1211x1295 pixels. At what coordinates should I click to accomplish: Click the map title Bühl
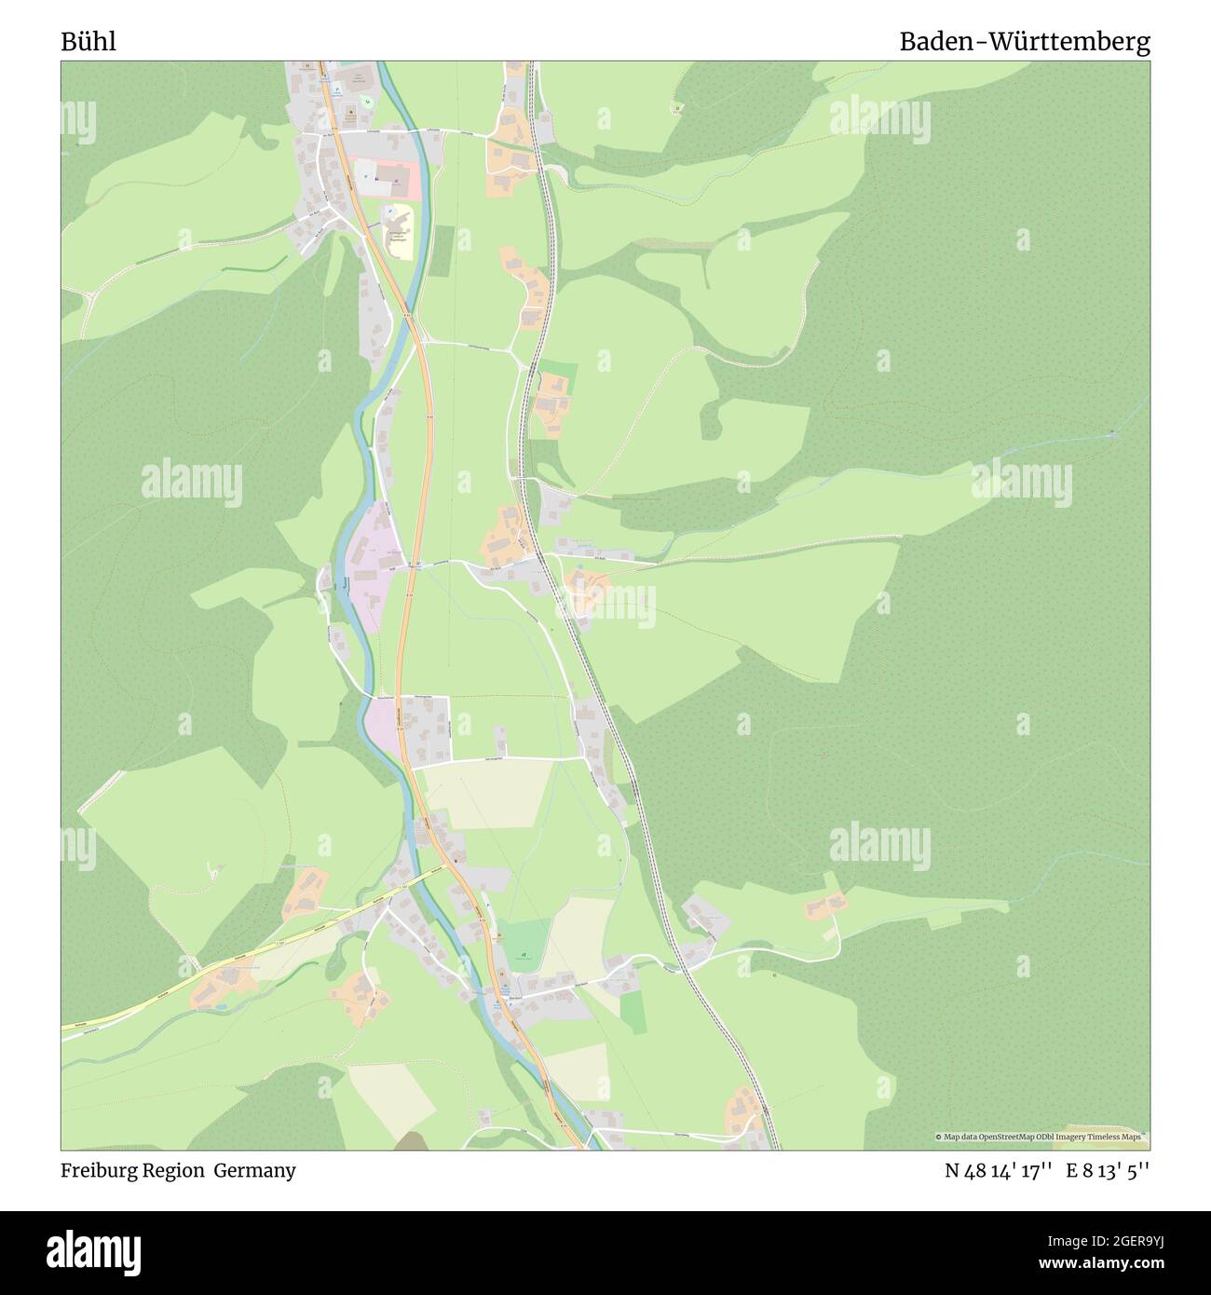click(x=88, y=42)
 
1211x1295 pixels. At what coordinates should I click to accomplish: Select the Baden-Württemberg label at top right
click(x=1024, y=42)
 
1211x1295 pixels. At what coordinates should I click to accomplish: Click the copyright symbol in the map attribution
click(x=939, y=1137)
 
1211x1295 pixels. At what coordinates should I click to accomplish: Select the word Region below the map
click(x=177, y=1171)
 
